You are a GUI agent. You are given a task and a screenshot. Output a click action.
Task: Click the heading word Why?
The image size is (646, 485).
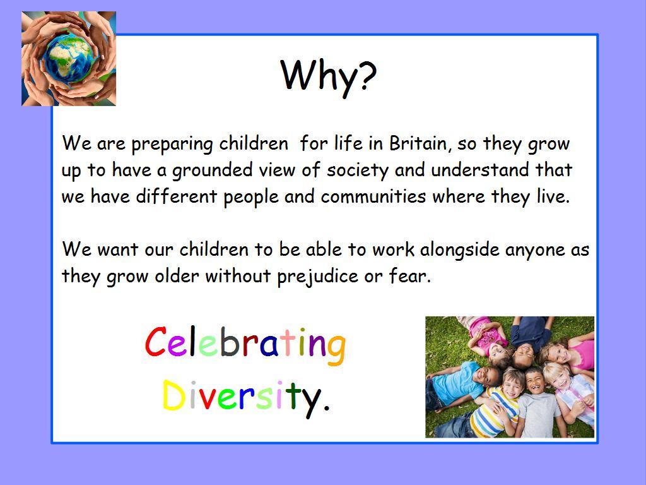pos(328,76)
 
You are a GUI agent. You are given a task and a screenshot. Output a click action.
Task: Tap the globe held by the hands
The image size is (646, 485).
pos(69,59)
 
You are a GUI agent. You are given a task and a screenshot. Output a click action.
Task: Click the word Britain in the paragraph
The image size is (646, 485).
pos(418,143)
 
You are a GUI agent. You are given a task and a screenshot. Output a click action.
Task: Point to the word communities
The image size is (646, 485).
pos(373,196)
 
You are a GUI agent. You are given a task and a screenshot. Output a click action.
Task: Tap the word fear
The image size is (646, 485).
pos(409,276)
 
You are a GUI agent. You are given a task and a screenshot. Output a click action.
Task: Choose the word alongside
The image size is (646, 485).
pos(459,250)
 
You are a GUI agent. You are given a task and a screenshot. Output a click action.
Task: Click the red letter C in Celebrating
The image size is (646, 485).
pos(156,342)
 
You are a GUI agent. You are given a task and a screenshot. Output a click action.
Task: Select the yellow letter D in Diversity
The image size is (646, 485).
pos(173,395)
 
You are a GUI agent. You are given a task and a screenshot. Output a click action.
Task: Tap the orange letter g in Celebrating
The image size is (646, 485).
pos(336,350)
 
